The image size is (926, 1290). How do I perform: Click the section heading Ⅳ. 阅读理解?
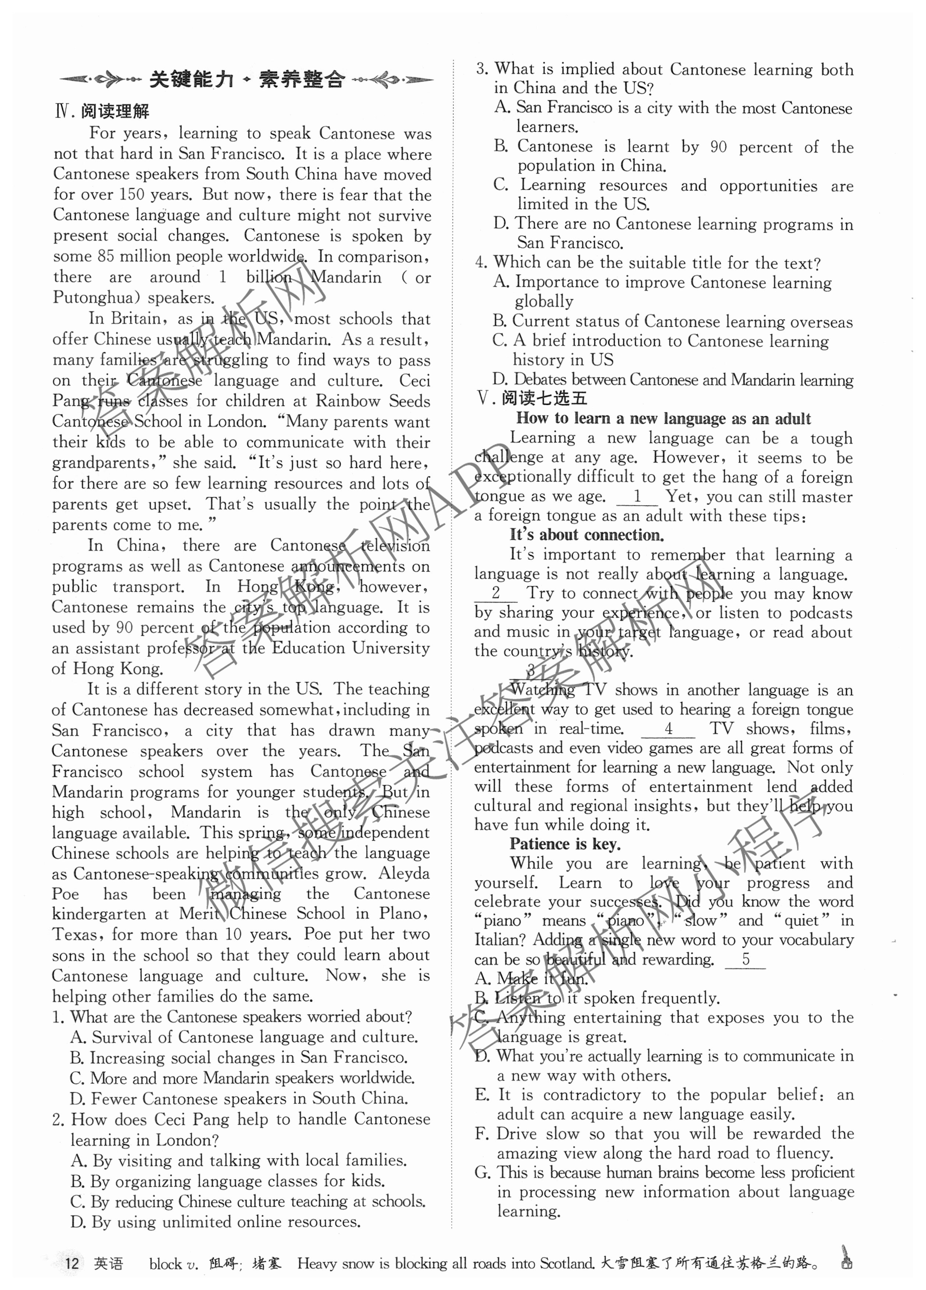pos(102,111)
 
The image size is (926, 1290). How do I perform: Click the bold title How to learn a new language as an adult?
pos(663,418)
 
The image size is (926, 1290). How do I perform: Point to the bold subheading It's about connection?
pos(586,535)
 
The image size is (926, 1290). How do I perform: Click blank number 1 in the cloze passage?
pos(637,496)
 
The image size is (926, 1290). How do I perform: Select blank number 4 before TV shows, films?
pos(668,728)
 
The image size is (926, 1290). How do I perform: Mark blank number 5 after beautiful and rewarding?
pos(745,959)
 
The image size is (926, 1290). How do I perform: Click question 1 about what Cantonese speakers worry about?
pos(232,1016)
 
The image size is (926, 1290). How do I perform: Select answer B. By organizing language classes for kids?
pos(228,1182)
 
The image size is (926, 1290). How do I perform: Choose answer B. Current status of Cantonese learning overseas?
pos(673,321)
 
